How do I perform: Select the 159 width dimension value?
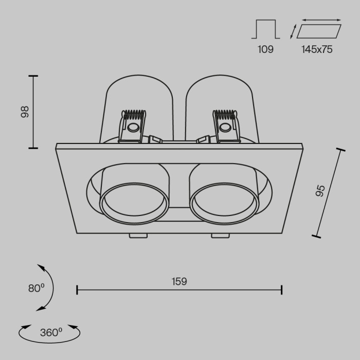[x=179, y=281]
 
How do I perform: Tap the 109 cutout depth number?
[x=265, y=49]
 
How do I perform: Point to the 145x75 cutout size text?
[x=317, y=49]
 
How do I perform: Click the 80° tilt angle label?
[x=36, y=289]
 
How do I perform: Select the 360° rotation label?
[x=50, y=332]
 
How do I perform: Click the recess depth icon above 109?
[x=265, y=29]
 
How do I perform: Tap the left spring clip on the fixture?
[x=132, y=126]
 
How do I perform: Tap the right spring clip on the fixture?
[x=226, y=126]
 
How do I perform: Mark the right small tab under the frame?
[x=220, y=236]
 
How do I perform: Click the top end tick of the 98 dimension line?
[x=33, y=76]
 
